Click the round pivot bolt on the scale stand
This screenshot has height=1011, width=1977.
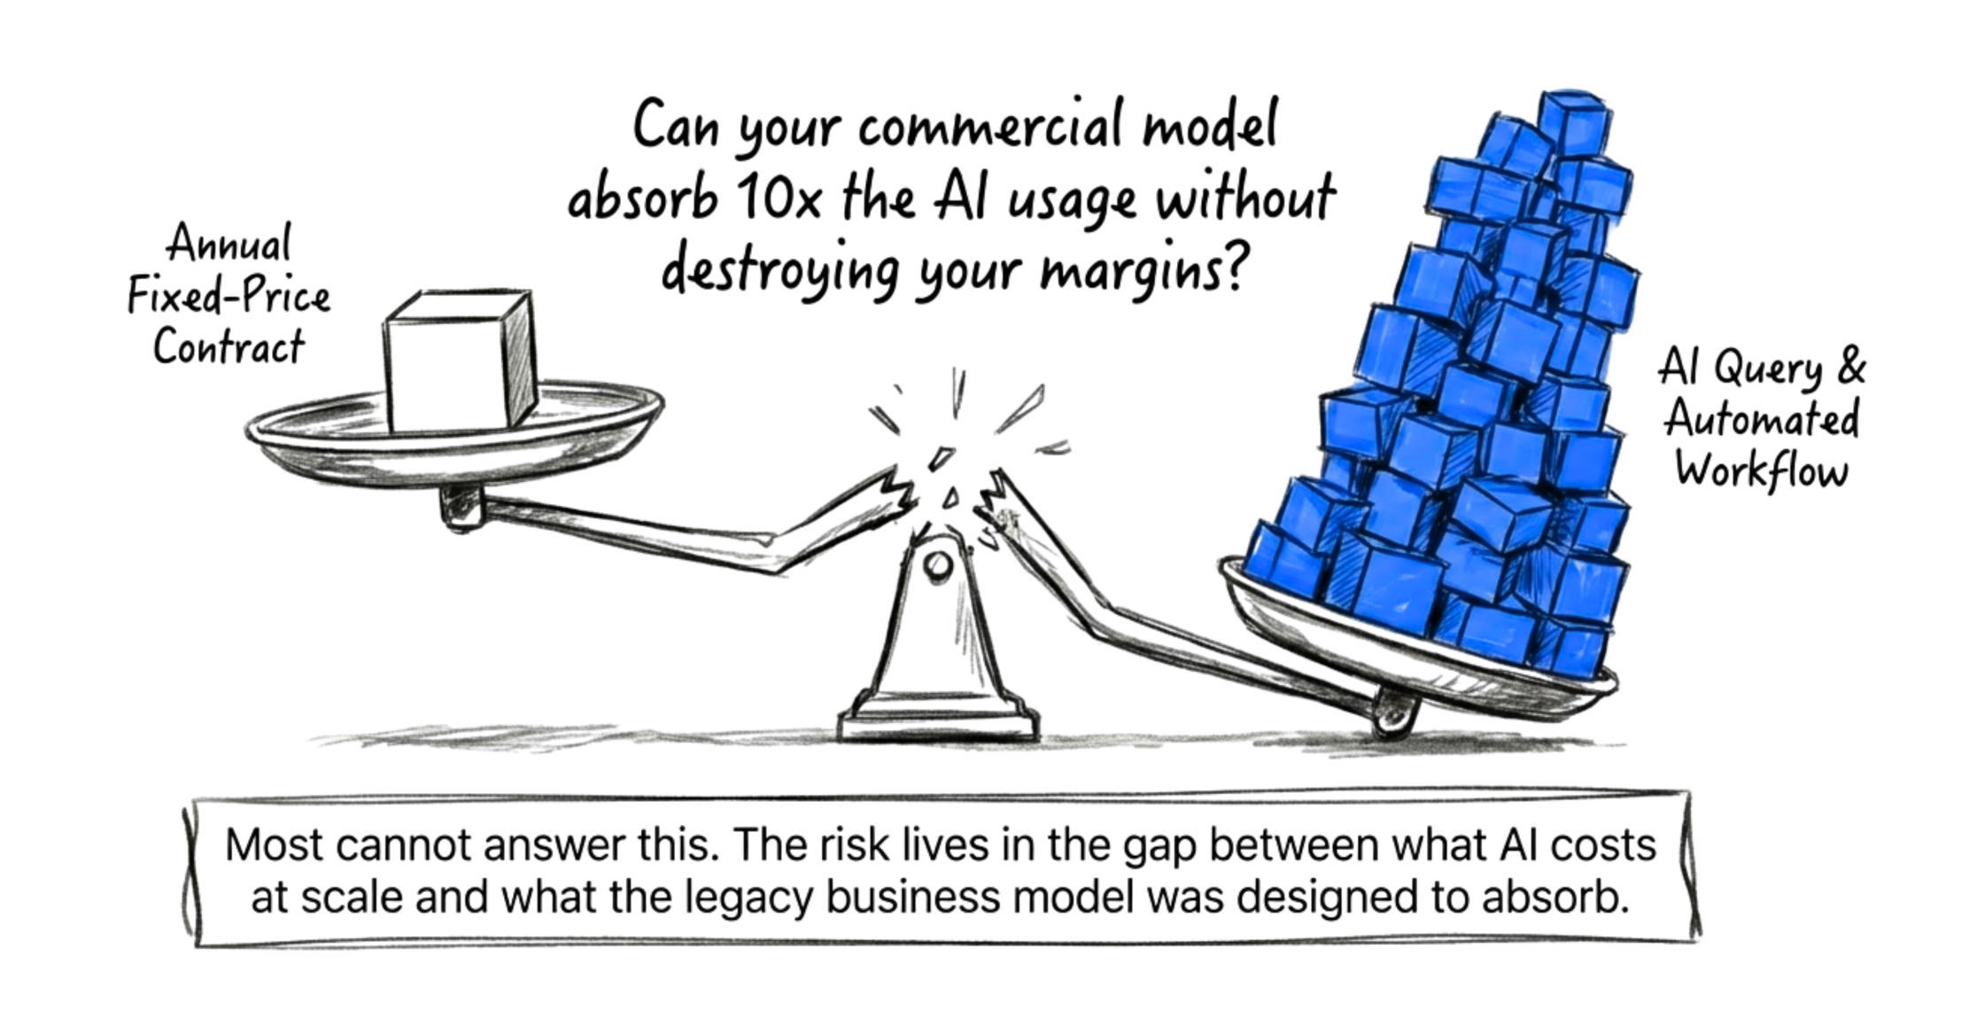936,564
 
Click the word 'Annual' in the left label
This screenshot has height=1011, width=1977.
229,243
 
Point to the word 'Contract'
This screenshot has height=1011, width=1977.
229,346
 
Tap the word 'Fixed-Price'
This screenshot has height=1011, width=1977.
229,295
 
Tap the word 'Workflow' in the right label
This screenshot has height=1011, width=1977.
1762,471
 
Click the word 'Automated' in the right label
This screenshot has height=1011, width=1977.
1762,419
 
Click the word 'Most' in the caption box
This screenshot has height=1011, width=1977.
275,845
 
